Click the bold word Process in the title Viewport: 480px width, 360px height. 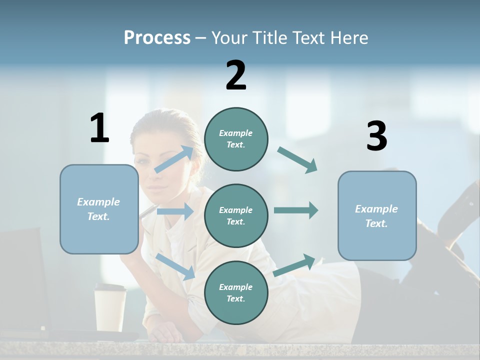tap(157, 38)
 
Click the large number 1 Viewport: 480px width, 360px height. tap(99, 128)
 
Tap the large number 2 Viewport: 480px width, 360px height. tap(236, 75)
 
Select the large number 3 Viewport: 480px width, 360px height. tap(376, 136)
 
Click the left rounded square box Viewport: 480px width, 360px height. tap(99, 209)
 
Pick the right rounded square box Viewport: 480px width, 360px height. tap(377, 215)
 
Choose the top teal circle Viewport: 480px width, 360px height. tap(236, 139)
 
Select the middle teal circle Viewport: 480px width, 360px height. tap(236, 215)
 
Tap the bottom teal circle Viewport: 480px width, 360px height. tap(236, 292)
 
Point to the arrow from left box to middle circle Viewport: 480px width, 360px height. tap(175, 211)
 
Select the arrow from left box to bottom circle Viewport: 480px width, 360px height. tap(175, 266)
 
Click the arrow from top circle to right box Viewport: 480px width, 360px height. tap(297, 160)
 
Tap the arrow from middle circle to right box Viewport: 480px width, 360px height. tap(295, 210)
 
